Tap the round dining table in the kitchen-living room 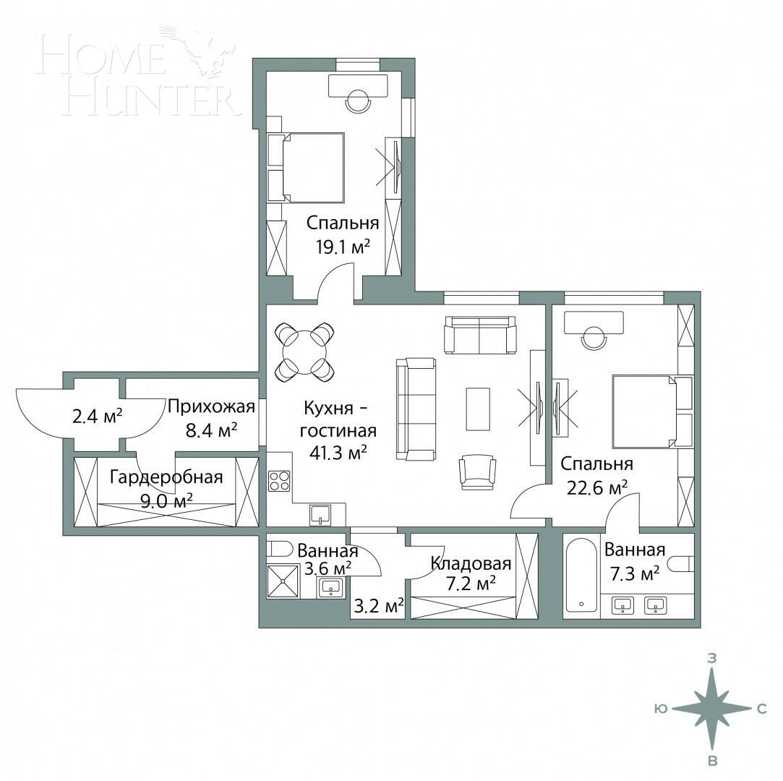[305, 351]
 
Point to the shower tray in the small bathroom [283, 581]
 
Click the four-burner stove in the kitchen [279, 481]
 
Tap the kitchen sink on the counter [320, 514]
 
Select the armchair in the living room [477, 471]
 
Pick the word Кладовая [471, 563]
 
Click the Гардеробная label [166, 477]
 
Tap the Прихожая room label [211, 406]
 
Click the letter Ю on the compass [659, 709]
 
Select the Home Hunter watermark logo [137, 72]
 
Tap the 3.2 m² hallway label [378, 605]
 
